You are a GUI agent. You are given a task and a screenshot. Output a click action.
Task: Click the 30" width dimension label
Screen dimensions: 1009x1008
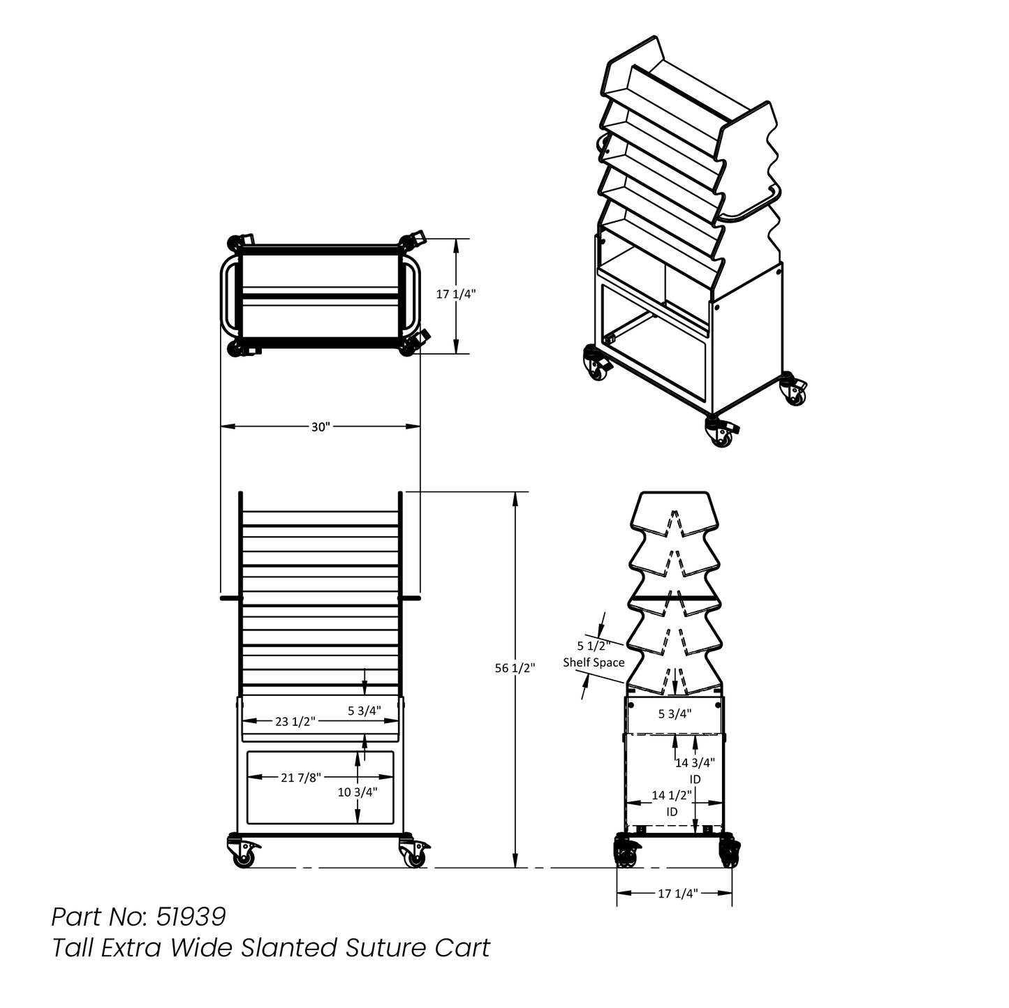click(321, 427)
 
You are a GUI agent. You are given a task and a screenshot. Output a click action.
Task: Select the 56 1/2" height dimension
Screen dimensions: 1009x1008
click(515, 668)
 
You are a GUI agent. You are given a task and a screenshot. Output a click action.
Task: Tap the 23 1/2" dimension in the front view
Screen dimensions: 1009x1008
click(295, 722)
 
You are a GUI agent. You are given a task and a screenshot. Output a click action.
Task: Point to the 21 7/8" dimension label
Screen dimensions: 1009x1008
click(300, 778)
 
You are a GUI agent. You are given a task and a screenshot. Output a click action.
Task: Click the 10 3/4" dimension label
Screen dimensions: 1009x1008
click(357, 792)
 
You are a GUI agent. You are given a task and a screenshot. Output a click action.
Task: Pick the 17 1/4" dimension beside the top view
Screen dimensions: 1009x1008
click(455, 295)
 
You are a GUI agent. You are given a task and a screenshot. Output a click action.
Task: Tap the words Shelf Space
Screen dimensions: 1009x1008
click(594, 662)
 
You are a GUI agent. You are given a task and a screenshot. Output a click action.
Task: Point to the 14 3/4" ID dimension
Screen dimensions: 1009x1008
click(695, 770)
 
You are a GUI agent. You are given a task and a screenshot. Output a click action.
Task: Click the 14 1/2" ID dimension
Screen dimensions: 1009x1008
click(672, 803)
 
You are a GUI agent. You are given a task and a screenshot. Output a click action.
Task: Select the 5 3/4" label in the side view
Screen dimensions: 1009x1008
click(675, 713)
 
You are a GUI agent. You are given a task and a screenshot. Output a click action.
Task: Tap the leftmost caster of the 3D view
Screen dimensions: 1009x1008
click(596, 362)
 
